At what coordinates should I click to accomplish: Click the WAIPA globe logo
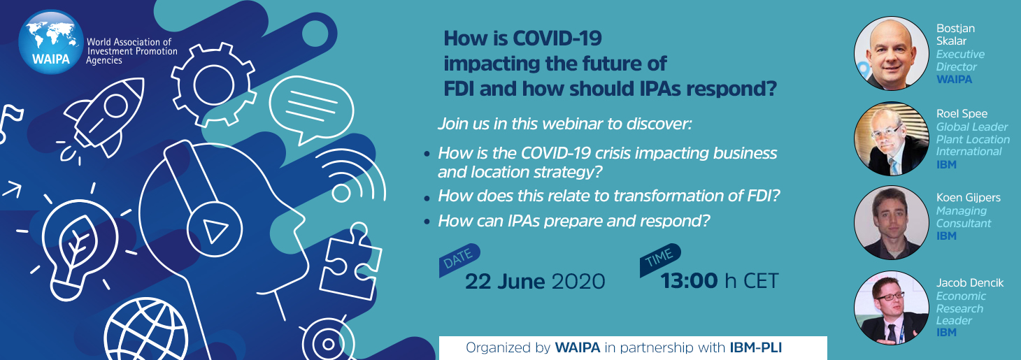pyautogui.click(x=51, y=42)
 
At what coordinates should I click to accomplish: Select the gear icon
pyautogui.click(x=213, y=85)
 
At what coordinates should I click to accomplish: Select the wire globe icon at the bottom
pyautogui.click(x=146, y=331)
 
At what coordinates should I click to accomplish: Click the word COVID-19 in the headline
pyautogui.click(x=557, y=38)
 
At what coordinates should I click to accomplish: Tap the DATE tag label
pyautogui.click(x=459, y=260)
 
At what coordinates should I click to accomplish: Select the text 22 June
pyautogui.click(x=505, y=282)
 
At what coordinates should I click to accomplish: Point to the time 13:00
pyautogui.click(x=690, y=281)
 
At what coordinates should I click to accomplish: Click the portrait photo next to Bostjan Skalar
pyautogui.click(x=892, y=53)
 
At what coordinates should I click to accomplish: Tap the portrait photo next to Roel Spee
pyautogui.click(x=892, y=138)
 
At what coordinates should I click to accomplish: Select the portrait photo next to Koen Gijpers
pyautogui.click(x=892, y=223)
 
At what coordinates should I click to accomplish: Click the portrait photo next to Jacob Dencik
pyautogui.click(x=892, y=308)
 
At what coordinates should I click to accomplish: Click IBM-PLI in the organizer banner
pyautogui.click(x=756, y=348)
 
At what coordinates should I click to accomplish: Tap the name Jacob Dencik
pyautogui.click(x=970, y=283)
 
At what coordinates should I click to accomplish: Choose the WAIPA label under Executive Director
pyautogui.click(x=954, y=79)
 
